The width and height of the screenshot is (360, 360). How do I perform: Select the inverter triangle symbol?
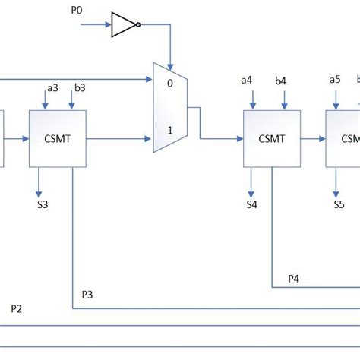[122, 24]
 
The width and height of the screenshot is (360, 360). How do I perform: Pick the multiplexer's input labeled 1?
[169, 130]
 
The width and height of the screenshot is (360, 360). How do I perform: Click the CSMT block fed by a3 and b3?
[58, 138]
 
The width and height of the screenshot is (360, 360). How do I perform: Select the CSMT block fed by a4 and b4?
[272, 138]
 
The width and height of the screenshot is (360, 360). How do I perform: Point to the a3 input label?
[52, 88]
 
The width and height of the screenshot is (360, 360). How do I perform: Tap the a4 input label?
[247, 80]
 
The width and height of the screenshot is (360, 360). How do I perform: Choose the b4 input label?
[280, 80]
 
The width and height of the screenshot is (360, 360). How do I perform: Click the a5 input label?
[335, 80]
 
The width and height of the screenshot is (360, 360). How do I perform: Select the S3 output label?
[43, 205]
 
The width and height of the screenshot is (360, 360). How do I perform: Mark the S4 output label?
[251, 204]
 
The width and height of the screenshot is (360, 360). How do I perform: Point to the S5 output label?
[339, 204]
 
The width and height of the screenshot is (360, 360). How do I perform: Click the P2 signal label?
[17, 308]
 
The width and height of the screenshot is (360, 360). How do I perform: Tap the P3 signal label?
[87, 294]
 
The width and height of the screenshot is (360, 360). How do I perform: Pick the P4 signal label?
[294, 278]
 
